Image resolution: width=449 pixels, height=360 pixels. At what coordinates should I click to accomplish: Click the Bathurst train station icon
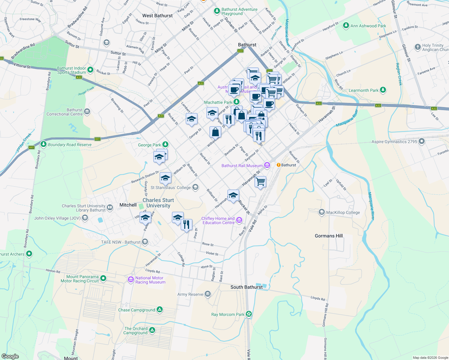(x=279, y=165)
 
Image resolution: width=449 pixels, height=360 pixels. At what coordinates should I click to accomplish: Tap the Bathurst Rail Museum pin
(x=267, y=165)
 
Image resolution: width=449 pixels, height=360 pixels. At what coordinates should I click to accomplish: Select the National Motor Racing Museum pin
(x=131, y=280)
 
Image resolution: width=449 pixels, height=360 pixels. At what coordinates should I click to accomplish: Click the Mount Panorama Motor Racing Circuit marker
(x=103, y=278)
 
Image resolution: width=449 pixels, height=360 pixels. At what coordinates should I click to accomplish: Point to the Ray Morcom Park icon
(x=249, y=314)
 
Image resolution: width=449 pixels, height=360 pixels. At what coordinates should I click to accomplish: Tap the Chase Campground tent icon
(x=159, y=310)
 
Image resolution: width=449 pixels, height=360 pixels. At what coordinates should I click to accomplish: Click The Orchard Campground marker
(x=152, y=330)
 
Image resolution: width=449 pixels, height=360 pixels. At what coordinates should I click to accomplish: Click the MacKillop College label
(x=343, y=212)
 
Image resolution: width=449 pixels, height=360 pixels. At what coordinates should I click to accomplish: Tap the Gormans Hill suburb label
(x=329, y=236)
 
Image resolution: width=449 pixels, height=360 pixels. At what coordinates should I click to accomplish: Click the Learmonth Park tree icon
(x=383, y=90)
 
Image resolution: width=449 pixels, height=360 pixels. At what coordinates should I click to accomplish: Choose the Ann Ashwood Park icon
(x=346, y=25)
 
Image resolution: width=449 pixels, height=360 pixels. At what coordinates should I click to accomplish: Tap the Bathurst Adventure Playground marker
(x=217, y=11)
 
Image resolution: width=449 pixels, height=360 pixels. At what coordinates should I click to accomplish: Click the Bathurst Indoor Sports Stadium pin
(x=90, y=70)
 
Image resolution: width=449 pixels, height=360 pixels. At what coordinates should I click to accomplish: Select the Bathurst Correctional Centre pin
(x=87, y=112)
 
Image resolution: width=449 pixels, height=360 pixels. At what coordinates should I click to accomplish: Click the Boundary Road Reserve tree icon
(x=44, y=144)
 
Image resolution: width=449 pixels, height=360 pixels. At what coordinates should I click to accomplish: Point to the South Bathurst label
(x=246, y=287)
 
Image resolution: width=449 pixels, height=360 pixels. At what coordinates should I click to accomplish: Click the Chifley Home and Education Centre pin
(x=239, y=220)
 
